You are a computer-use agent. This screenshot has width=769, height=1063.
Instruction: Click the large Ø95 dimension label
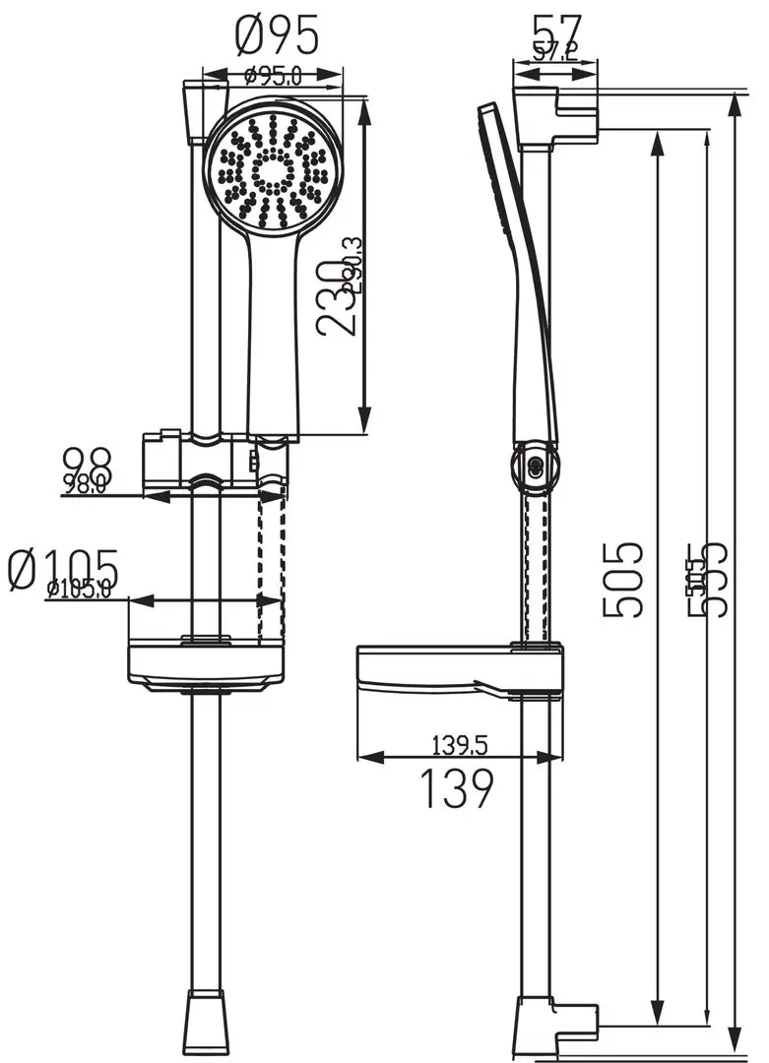(278, 36)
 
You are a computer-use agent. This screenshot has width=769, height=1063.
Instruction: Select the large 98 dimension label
(87, 462)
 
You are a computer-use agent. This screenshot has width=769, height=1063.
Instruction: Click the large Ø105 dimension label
(63, 569)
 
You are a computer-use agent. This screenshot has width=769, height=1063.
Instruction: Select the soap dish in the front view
(206, 664)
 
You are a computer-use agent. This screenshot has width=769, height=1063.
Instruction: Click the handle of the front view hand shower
(273, 335)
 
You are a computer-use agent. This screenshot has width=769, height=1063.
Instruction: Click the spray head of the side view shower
(497, 167)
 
